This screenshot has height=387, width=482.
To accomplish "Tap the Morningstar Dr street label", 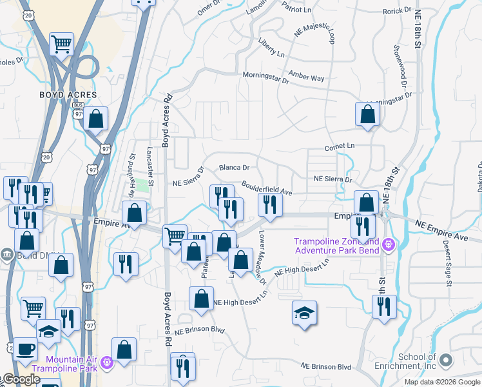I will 265,77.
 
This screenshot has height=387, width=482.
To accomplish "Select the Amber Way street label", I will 307,77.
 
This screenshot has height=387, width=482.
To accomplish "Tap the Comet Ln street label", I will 340,146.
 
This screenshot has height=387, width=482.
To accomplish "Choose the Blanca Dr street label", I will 234,168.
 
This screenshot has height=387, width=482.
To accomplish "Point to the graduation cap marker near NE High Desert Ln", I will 304,313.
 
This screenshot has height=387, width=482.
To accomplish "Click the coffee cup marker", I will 25,349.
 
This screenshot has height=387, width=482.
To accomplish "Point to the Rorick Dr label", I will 397,11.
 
